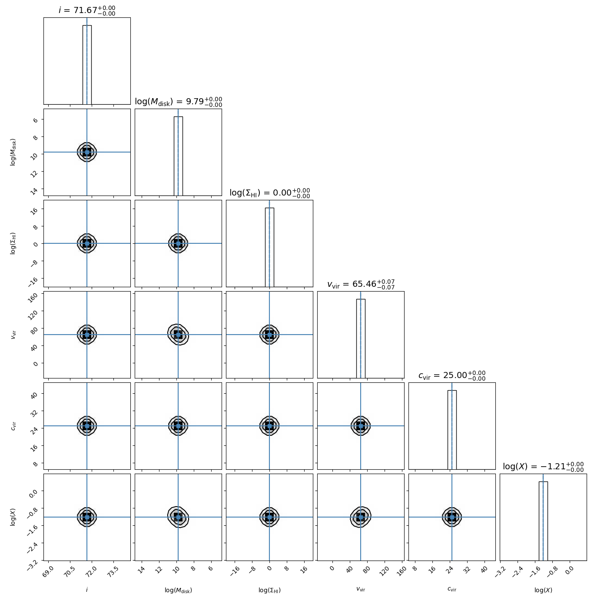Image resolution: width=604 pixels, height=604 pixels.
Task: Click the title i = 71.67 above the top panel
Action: tap(87, 10)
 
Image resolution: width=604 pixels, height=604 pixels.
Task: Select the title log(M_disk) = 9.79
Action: tap(178, 102)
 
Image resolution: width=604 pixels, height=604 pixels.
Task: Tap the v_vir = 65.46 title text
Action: tap(361, 285)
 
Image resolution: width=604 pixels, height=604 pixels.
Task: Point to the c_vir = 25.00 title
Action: tap(452, 375)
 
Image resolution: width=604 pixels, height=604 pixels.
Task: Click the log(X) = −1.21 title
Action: tap(543, 467)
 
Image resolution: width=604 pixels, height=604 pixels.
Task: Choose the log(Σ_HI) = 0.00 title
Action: tap(269, 193)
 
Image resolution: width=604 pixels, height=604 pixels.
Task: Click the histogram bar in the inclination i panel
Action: tap(87, 65)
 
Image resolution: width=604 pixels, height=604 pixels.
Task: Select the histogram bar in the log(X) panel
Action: tap(543, 521)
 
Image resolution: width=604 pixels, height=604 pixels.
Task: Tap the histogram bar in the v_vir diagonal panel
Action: tap(361, 339)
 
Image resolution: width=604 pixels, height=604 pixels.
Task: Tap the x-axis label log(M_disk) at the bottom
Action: tap(178, 590)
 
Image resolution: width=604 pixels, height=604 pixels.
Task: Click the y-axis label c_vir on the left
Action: tap(13, 426)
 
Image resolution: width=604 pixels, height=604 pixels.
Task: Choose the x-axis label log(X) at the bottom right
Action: tap(543, 590)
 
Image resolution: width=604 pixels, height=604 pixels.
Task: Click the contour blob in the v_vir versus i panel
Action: tap(87, 335)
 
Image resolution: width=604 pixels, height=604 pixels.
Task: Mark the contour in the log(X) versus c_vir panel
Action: tap(452, 517)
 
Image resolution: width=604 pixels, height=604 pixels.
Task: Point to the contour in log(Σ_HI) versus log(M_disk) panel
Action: tap(178, 243)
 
